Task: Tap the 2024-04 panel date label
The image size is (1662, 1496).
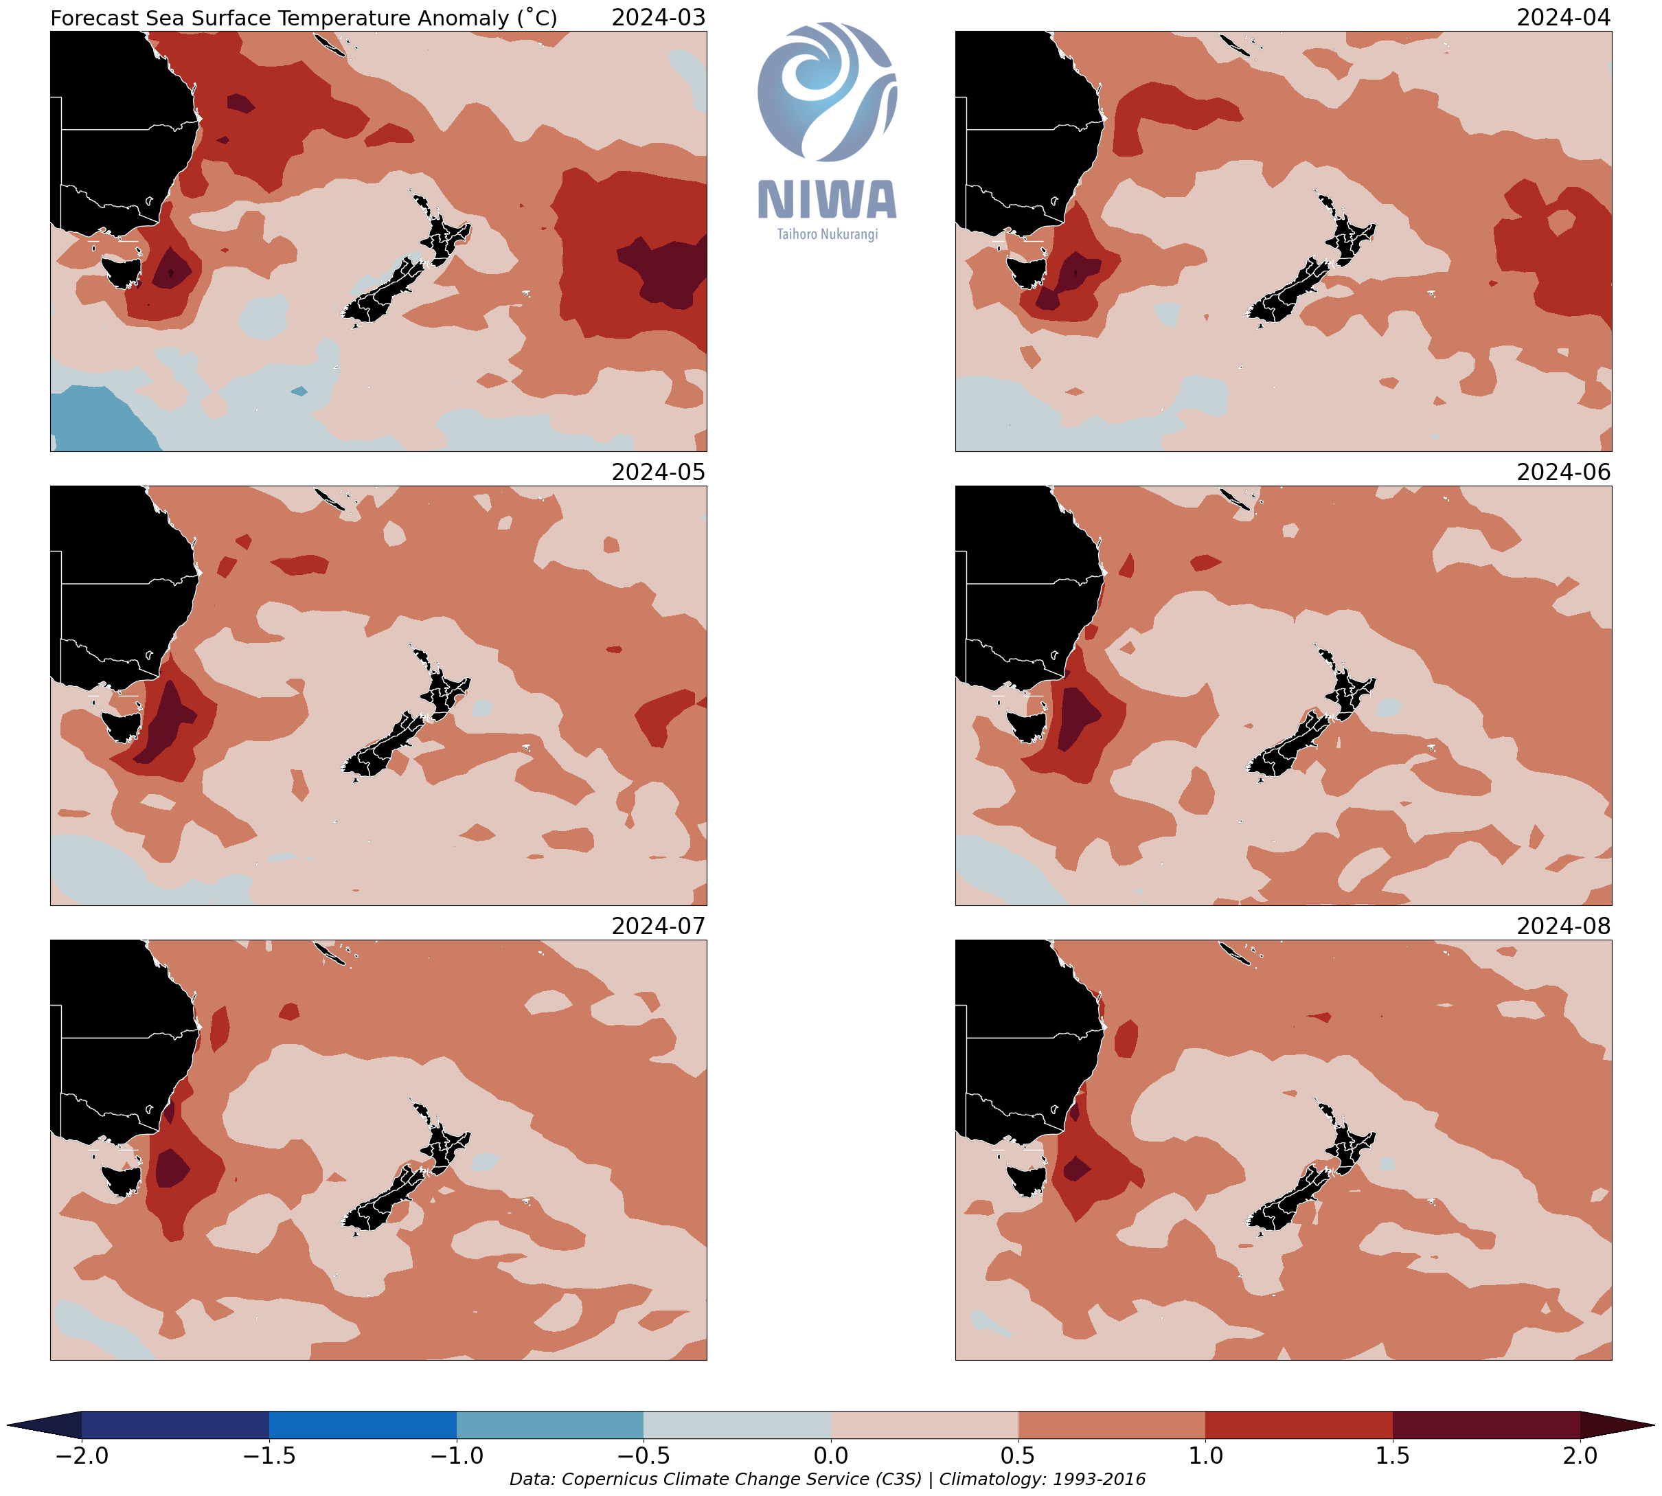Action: coord(1562,17)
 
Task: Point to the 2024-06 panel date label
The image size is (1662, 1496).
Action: coord(1562,472)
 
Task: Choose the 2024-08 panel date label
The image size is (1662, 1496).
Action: coord(1562,927)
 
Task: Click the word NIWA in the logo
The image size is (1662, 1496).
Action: coord(827,200)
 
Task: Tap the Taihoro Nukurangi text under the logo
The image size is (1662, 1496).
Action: coord(827,234)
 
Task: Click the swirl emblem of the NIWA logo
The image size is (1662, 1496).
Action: coord(827,91)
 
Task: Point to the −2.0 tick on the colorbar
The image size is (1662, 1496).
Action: coord(81,1455)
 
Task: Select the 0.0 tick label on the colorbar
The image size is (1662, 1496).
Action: coord(831,1455)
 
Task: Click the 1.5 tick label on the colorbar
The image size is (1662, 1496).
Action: coord(1392,1455)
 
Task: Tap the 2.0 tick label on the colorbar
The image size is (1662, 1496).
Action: coord(1580,1455)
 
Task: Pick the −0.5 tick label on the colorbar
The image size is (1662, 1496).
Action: coord(644,1455)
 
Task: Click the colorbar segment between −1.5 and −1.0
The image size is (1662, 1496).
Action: coord(363,1425)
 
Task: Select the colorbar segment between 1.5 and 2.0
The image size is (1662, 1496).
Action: coord(1486,1425)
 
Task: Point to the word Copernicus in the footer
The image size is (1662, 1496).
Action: coord(609,1480)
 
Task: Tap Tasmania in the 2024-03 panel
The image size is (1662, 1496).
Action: coord(121,271)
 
